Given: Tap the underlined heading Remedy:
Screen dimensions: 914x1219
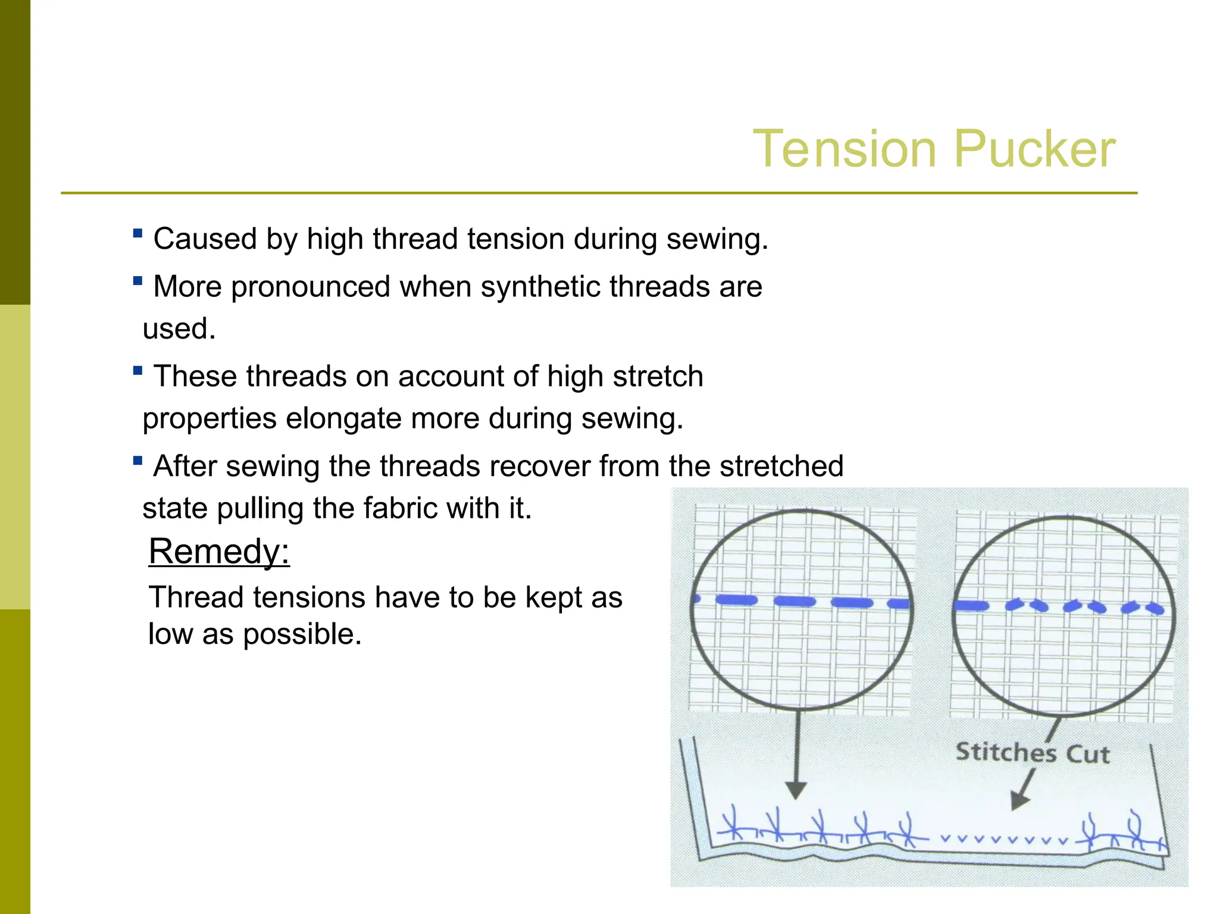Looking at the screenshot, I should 219,551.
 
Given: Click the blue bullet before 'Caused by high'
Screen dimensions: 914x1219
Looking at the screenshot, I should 137,233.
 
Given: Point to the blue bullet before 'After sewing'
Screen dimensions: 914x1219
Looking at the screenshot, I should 137,461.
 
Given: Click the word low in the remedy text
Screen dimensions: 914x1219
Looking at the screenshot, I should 170,634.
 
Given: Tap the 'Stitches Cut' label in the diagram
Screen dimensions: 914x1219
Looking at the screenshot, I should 1033,753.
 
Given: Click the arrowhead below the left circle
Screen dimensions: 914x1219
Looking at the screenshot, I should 796,790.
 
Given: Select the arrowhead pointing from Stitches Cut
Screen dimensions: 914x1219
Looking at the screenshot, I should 1019,800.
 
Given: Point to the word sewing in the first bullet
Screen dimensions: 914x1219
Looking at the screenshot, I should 717,239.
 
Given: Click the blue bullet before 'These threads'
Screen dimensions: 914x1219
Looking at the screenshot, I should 137,371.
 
